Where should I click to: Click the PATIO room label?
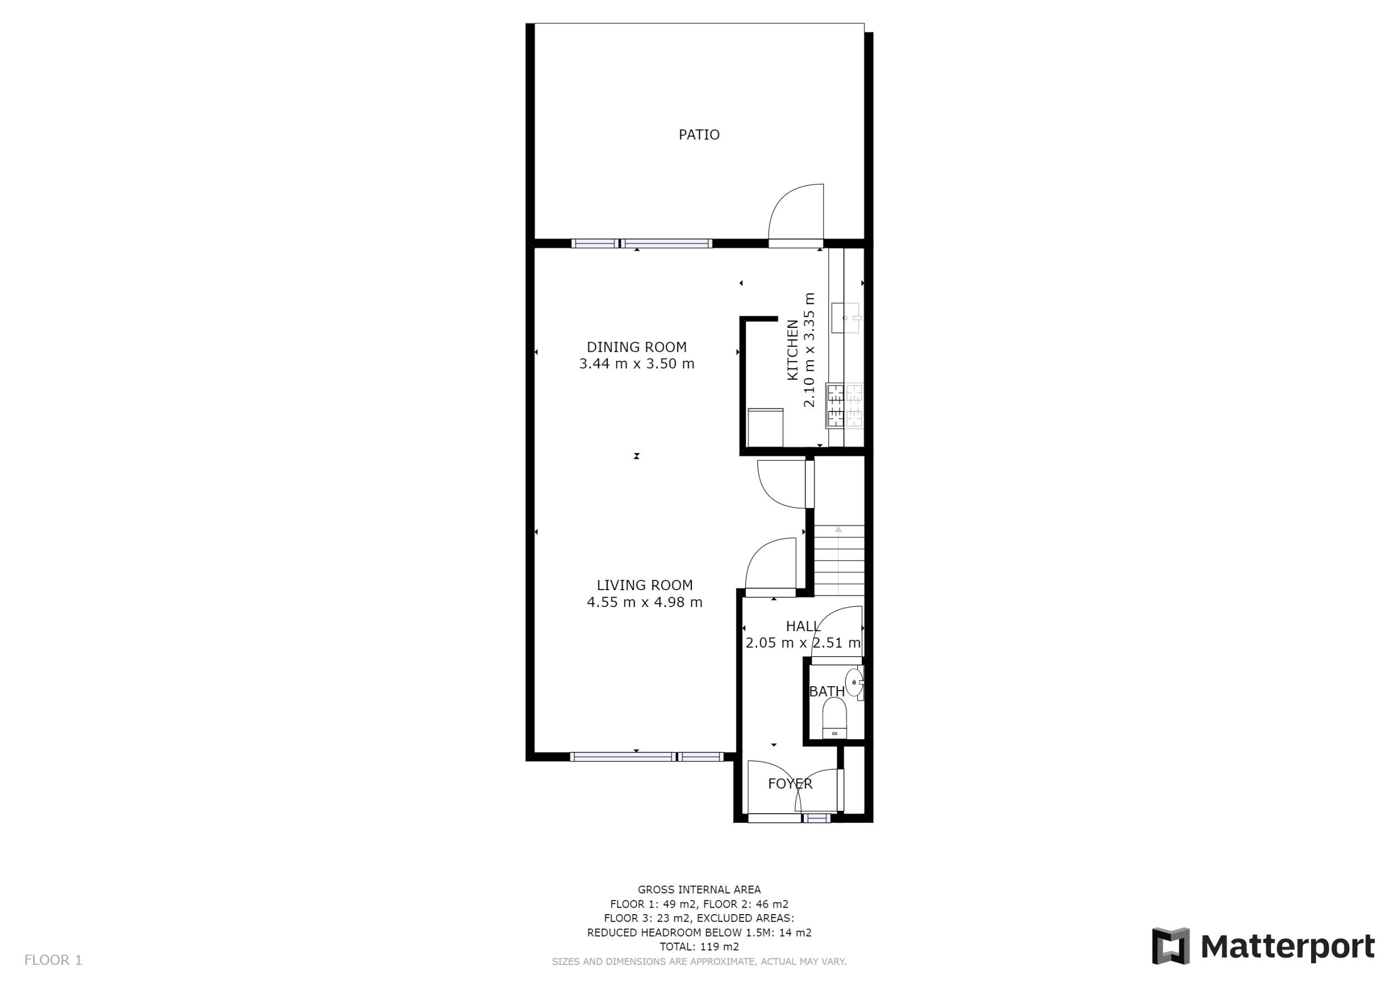coord(699,134)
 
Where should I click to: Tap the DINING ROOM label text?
coord(637,348)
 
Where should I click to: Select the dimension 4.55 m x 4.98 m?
coord(645,603)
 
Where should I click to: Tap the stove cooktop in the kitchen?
coord(844,405)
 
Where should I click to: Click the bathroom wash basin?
coord(854,682)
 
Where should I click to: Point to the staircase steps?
coord(839,561)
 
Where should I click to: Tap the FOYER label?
coord(790,784)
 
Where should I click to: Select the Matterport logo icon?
coord(1171,946)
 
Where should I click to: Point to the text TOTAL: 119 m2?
coord(699,947)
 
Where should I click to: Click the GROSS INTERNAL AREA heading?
coord(699,890)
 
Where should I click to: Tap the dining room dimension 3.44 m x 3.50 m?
coord(637,364)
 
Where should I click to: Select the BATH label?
coord(827,692)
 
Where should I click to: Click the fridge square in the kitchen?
coord(765,428)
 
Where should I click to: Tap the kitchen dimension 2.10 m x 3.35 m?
coord(809,350)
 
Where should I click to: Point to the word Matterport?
coord(1288,947)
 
